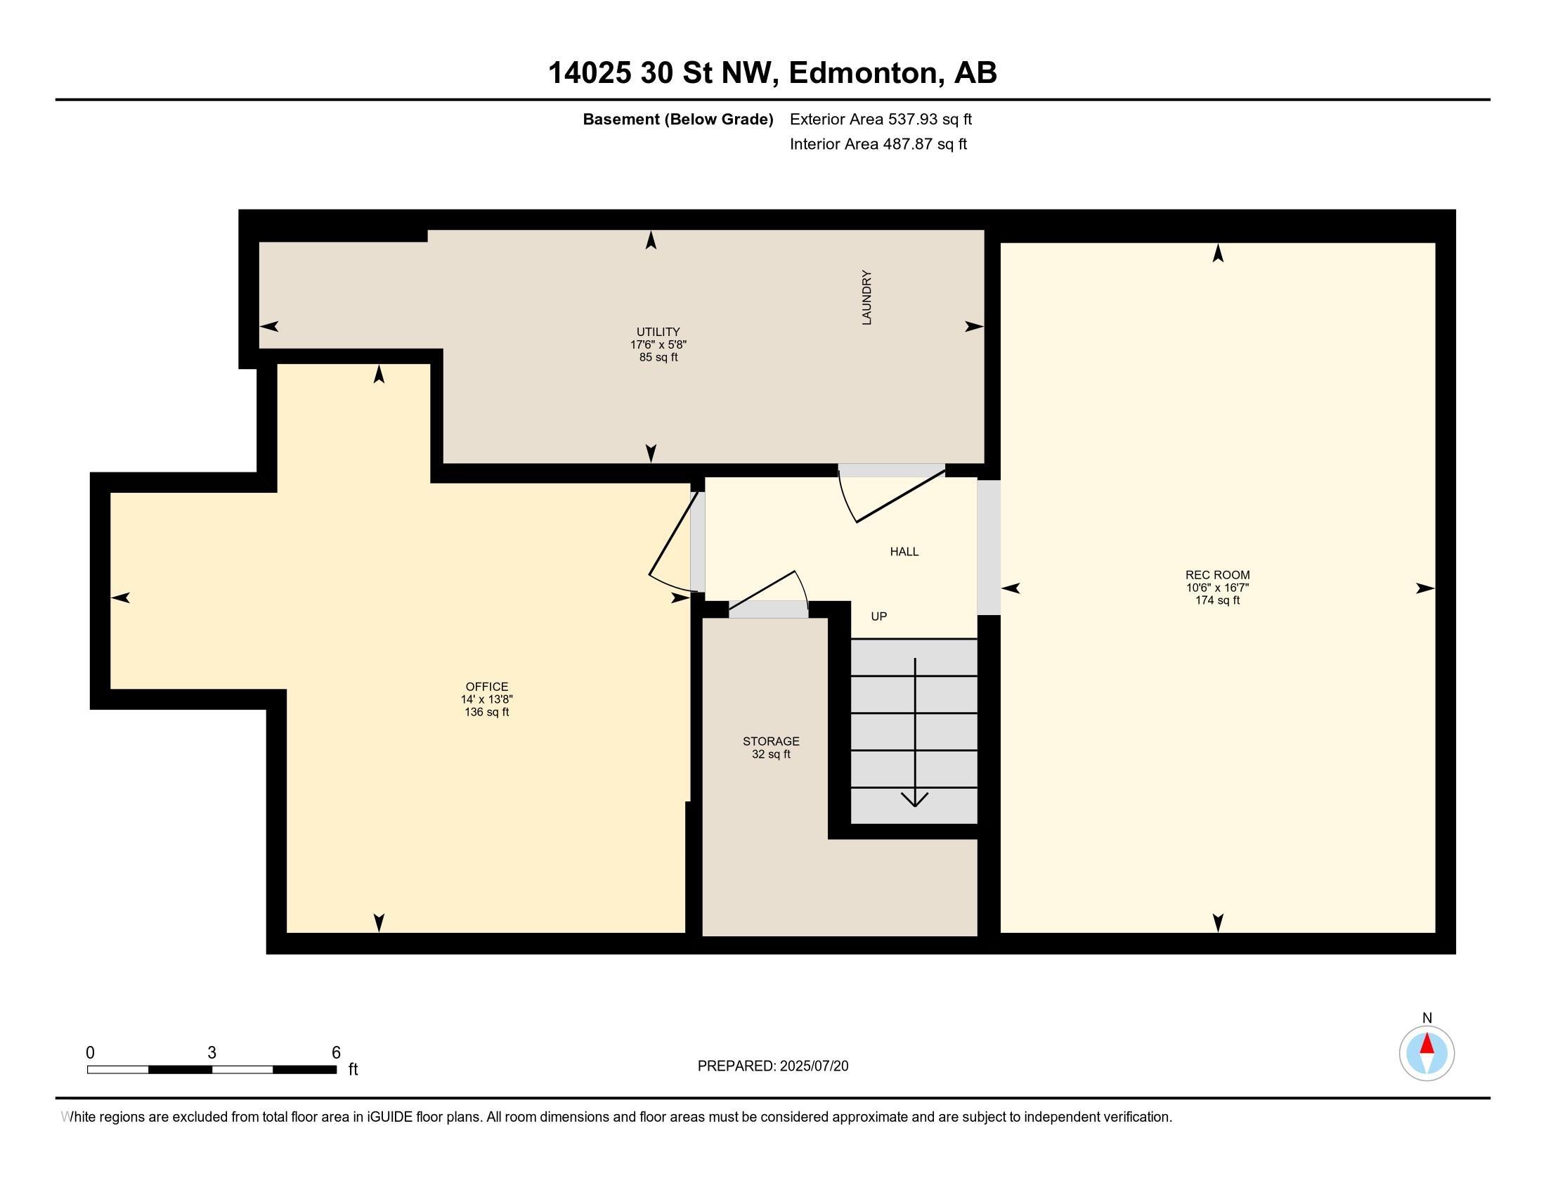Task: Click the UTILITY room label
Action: pos(658,331)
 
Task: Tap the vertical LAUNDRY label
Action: pos(866,297)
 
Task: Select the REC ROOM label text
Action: pos(1218,575)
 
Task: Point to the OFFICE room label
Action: pos(487,687)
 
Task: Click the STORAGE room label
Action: pos(771,741)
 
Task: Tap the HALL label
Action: pos(904,552)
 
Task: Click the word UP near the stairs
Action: pos(879,616)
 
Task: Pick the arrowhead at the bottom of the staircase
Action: pos(915,799)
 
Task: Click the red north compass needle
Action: pos(1427,1043)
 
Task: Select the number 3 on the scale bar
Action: pos(212,1053)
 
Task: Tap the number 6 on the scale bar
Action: pos(336,1053)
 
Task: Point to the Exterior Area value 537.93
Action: pos(911,119)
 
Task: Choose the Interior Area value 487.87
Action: pos(906,144)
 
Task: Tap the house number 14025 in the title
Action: pos(590,73)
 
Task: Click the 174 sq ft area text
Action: pos(1218,600)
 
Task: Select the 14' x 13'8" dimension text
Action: pos(487,699)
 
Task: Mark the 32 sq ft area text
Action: pos(771,754)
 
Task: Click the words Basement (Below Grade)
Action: pos(677,119)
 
